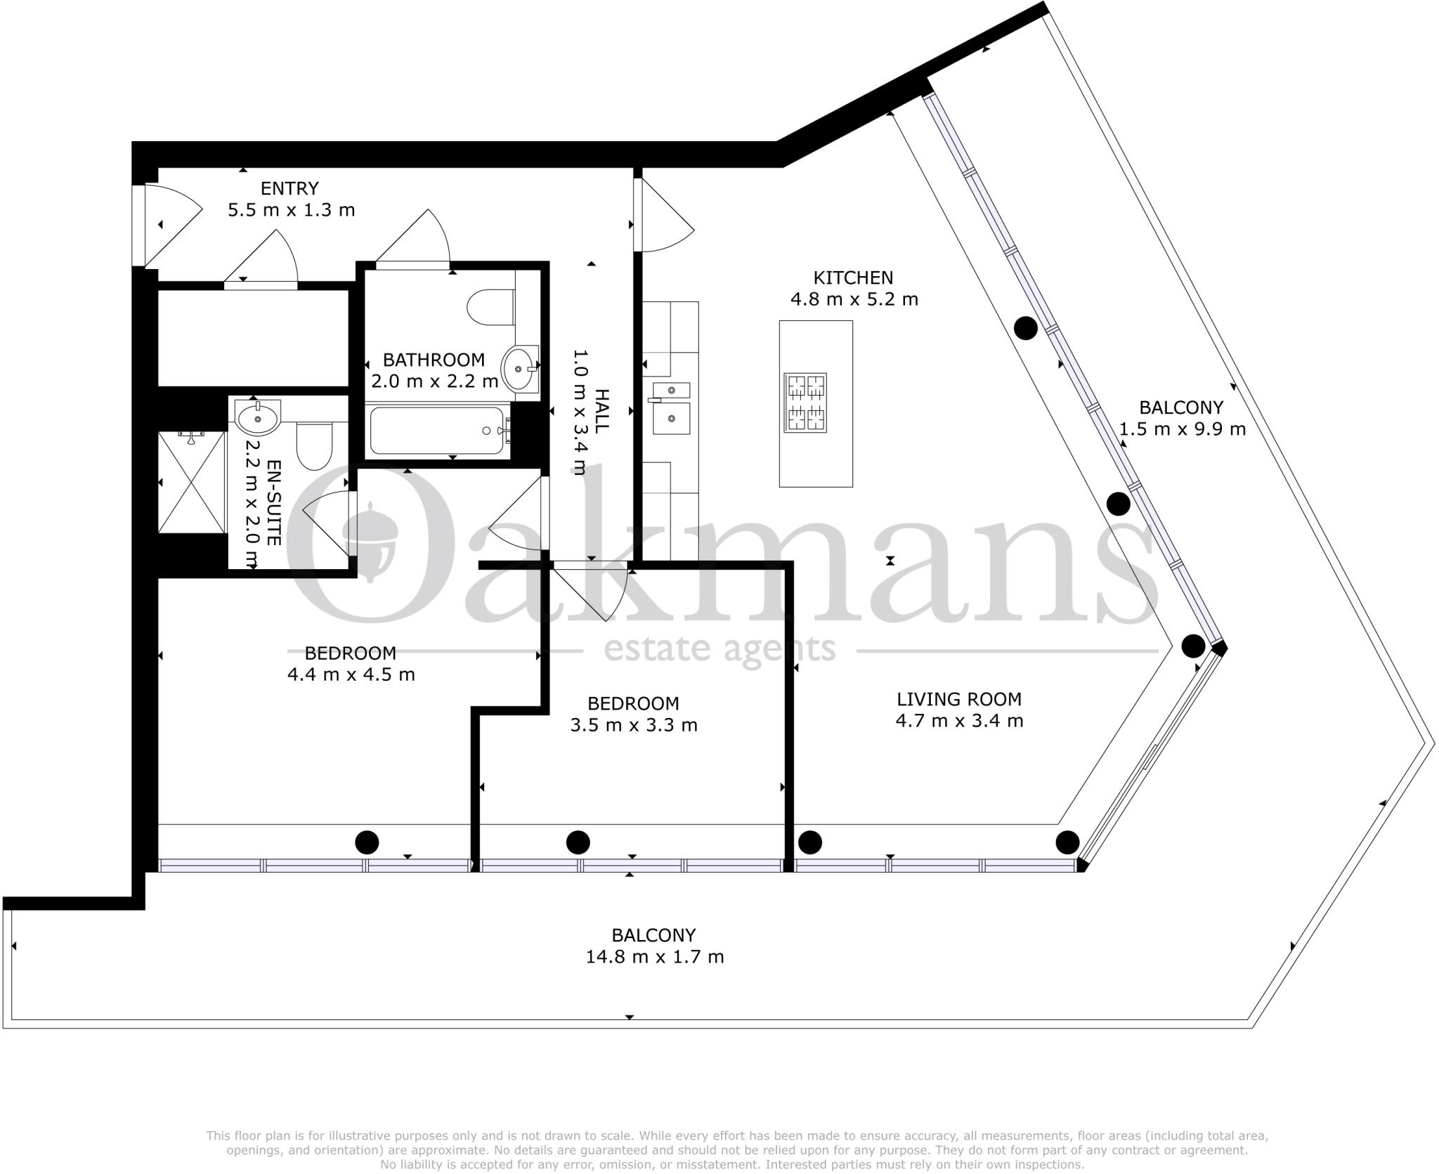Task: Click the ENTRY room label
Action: coord(289,188)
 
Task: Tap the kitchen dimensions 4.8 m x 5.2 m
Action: coord(854,299)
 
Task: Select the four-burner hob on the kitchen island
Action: coord(805,403)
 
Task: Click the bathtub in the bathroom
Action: coord(437,430)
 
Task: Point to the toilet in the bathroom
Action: coord(491,308)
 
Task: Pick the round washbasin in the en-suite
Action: coord(258,419)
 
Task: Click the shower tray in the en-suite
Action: coord(192,483)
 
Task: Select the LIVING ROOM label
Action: coord(958,699)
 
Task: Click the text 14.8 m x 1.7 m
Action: coord(654,957)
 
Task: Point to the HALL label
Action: coord(601,410)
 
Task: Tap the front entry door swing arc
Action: coord(176,225)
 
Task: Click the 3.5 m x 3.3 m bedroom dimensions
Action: coord(633,725)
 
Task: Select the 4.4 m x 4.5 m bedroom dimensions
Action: coord(351,674)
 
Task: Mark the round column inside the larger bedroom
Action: coord(367,842)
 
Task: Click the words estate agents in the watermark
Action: coord(719,648)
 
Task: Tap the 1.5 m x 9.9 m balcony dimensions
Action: coord(1182,429)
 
